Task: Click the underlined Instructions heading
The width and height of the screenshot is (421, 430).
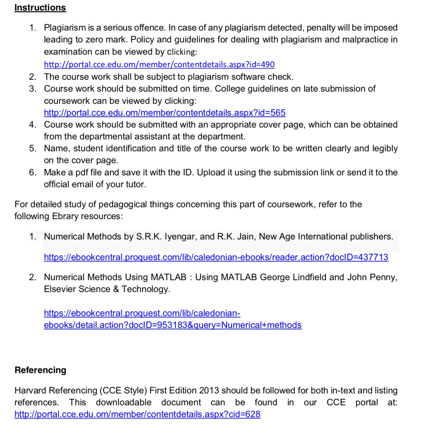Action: (40, 7)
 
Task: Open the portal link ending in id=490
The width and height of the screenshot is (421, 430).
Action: (159, 64)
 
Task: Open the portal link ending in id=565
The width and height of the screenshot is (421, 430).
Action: (164, 113)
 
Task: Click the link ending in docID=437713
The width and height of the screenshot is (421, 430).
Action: (216, 257)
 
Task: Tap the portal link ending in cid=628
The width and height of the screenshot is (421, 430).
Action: (137, 414)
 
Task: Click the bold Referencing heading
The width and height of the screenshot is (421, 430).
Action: (40, 370)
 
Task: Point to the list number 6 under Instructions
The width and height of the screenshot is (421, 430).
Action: (33, 172)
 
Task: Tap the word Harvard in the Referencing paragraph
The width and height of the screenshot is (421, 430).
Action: (31, 390)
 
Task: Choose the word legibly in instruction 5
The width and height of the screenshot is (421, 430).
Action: (385, 148)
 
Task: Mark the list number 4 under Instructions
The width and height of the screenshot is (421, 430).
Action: (33, 124)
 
